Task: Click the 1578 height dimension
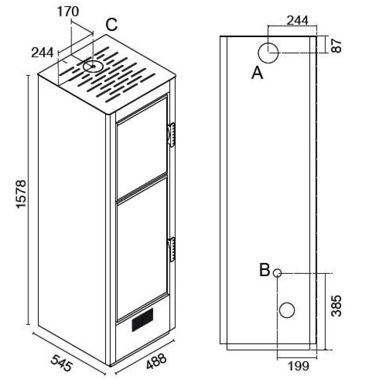[x=21, y=194]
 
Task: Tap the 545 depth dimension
[x=62, y=363]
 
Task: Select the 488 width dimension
[x=156, y=361]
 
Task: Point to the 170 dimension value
[x=68, y=11]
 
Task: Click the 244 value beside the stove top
[x=42, y=52]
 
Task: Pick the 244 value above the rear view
[x=298, y=20]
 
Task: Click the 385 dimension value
[x=336, y=306]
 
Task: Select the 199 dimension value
[x=298, y=366]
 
